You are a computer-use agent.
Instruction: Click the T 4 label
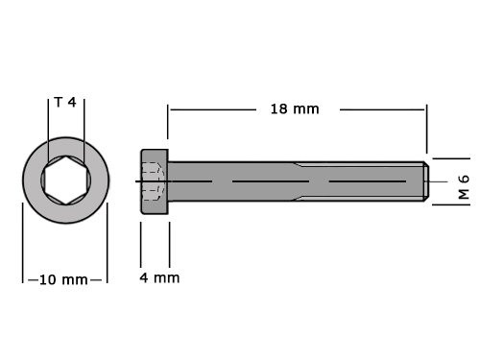pyautogui.click(x=65, y=102)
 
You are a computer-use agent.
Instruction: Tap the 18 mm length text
pyautogui.click(x=293, y=108)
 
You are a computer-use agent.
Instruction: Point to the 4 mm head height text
pyautogui.click(x=158, y=278)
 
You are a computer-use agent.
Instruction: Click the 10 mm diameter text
pyautogui.click(x=64, y=279)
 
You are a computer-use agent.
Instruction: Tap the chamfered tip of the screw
pyautogui.click(x=422, y=181)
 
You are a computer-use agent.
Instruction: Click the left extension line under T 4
pyautogui.click(x=47, y=125)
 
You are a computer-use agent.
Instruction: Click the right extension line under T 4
pyautogui.click(x=84, y=125)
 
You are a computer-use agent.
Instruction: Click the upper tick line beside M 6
pyautogui.click(x=449, y=157)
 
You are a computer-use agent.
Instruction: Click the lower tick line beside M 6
pyautogui.click(x=449, y=204)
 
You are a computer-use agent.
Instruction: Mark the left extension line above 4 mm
pyautogui.click(x=141, y=245)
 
